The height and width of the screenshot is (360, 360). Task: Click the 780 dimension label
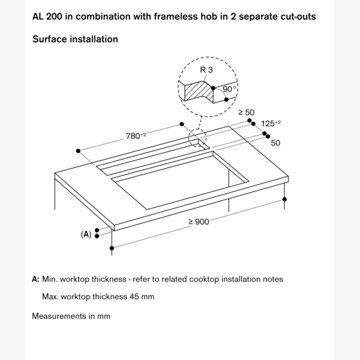135,136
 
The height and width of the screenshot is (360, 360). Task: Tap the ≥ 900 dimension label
198,221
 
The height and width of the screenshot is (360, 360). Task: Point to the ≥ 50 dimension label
247,112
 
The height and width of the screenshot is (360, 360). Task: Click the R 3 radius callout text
206,70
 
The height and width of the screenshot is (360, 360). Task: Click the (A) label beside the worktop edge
86,234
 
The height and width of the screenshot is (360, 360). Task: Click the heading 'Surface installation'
75,39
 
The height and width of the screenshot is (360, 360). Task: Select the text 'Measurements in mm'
71,316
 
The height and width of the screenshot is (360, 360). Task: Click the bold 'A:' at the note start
36,279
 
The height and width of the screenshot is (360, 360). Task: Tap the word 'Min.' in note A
50,279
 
